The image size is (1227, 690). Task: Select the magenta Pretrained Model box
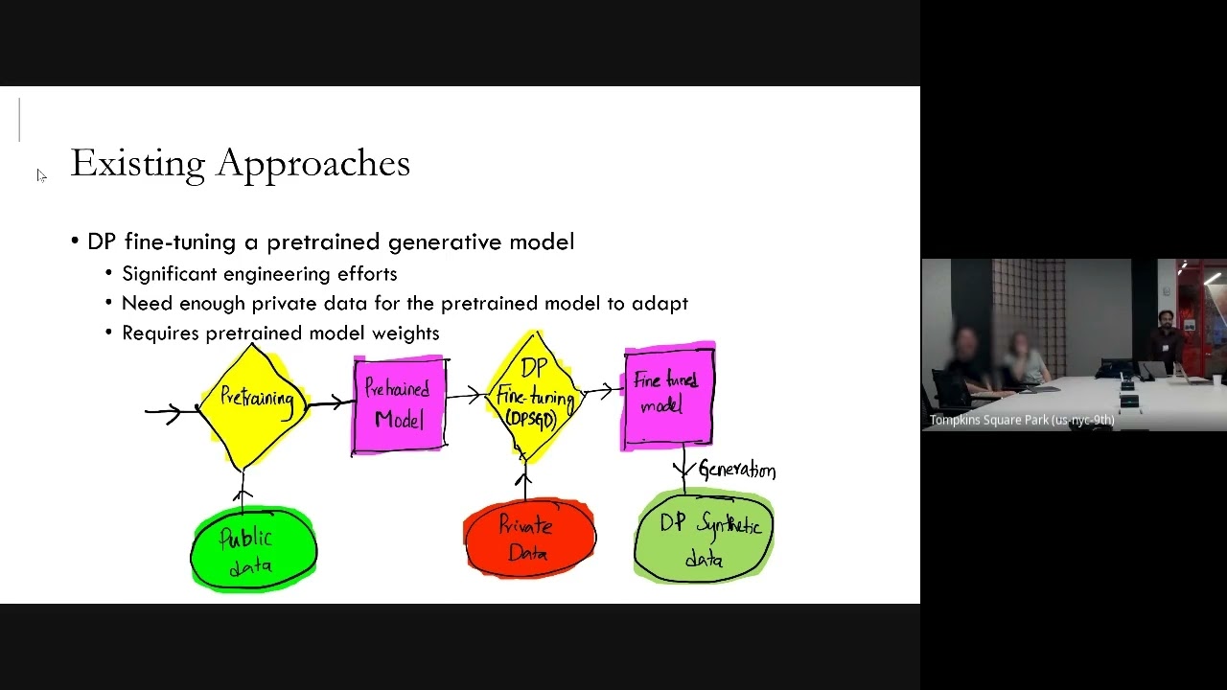[400, 403]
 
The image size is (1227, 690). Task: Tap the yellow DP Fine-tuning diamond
[535, 395]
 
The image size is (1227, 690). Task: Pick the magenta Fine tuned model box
[669, 395]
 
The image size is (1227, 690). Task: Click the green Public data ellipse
[253, 550]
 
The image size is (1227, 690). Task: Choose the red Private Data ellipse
[528, 539]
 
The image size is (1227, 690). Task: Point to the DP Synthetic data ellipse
[704, 537]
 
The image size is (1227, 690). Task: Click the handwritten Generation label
[736, 470]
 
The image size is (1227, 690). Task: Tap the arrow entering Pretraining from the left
[167, 412]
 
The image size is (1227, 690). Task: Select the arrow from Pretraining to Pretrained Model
[329, 402]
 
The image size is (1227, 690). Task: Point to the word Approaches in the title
[313, 164]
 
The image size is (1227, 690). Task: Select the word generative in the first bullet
[445, 242]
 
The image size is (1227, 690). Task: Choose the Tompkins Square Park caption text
[1021, 420]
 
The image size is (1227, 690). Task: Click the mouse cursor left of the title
[40, 174]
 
